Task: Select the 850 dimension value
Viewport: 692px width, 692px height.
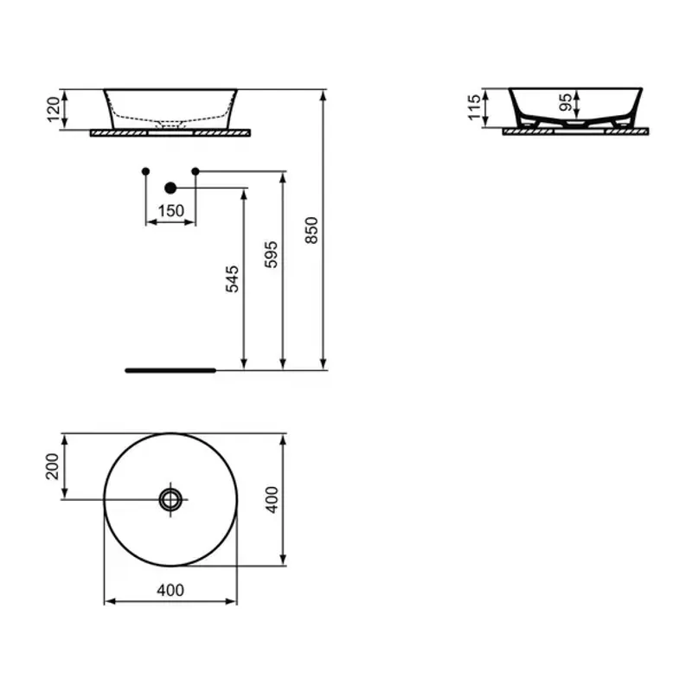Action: (313, 230)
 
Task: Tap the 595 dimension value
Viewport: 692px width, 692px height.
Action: (271, 255)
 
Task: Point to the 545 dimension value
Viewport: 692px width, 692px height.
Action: (232, 279)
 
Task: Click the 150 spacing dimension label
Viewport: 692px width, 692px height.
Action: (170, 211)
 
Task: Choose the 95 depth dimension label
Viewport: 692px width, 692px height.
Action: (564, 103)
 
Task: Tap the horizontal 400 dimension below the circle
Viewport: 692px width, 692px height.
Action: (170, 590)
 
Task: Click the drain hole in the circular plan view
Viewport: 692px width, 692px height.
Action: (170, 498)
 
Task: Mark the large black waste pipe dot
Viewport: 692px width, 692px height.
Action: (170, 187)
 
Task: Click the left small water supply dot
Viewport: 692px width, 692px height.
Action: (145, 171)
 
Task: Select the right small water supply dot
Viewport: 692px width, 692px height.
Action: (195, 171)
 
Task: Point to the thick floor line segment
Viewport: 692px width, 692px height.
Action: (169, 369)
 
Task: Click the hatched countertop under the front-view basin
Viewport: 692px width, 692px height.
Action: (121, 132)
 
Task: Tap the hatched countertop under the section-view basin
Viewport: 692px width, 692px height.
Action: (519, 132)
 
